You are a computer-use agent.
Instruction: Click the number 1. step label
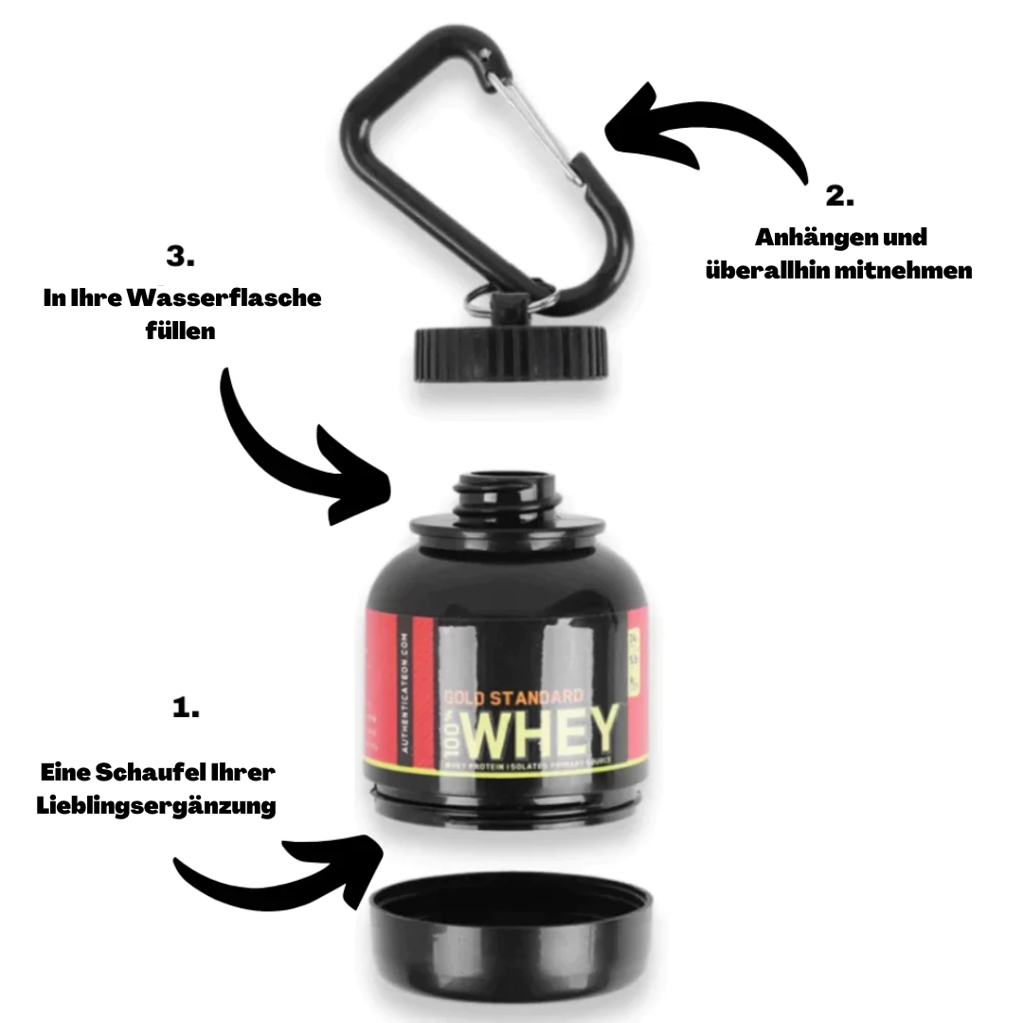pos(187,708)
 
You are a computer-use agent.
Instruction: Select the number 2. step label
pos(839,197)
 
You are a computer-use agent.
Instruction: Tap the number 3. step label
pos(181,256)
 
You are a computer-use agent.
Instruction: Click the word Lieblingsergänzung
pos(156,806)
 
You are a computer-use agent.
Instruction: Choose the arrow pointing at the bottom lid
pos(283,870)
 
